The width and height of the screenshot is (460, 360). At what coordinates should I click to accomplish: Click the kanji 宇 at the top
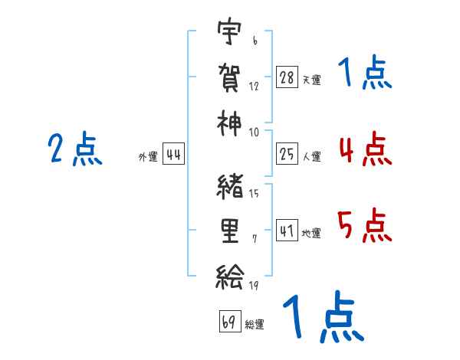pyautogui.click(x=229, y=31)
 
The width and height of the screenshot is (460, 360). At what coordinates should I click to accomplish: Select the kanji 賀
pyautogui.click(x=229, y=78)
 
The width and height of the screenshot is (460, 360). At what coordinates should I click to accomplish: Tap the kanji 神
pyautogui.click(x=229, y=123)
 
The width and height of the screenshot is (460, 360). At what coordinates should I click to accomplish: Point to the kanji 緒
pyautogui.click(x=230, y=187)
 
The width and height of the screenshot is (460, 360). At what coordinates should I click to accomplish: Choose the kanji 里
pyautogui.click(x=230, y=231)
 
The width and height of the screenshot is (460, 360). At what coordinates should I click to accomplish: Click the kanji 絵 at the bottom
pyautogui.click(x=230, y=277)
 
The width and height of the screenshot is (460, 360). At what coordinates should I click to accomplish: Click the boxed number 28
pyautogui.click(x=287, y=77)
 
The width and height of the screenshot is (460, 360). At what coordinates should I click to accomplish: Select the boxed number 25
pyautogui.click(x=287, y=154)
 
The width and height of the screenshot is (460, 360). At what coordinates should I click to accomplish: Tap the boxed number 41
pyautogui.click(x=287, y=231)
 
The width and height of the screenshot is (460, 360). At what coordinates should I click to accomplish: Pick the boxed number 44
pyautogui.click(x=173, y=154)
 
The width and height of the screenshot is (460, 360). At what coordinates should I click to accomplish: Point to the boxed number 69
pyautogui.click(x=230, y=321)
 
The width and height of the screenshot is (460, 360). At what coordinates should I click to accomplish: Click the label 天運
pyautogui.click(x=312, y=80)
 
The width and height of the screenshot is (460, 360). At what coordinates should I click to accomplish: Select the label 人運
pyautogui.click(x=312, y=156)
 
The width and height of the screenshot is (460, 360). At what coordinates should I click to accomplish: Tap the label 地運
pyautogui.click(x=311, y=234)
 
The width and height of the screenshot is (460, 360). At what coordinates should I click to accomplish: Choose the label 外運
pyautogui.click(x=148, y=157)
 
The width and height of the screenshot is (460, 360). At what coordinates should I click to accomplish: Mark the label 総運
pyautogui.click(x=255, y=325)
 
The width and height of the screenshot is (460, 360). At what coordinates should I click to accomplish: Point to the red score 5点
pyautogui.click(x=365, y=225)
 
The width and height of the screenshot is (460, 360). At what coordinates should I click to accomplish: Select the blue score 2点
pyautogui.click(x=75, y=149)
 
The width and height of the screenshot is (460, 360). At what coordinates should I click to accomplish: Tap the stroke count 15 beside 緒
pyautogui.click(x=254, y=194)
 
